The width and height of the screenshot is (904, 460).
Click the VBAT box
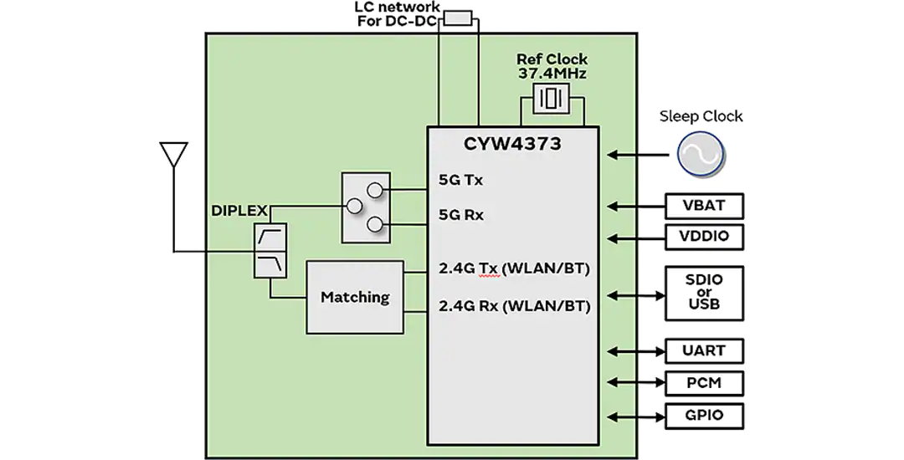[704, 206]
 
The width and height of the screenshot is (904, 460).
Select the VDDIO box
[704, 237]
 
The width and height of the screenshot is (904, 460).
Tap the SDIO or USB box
[704, 293]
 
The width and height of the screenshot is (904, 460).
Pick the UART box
[704, 350]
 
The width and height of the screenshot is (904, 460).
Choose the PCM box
[704, 383]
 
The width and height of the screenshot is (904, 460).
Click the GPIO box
[704, 416]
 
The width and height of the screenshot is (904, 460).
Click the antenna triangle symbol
[174, 154]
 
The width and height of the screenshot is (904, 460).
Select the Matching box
[355, 297]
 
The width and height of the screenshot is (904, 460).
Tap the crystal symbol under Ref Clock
[551, 99]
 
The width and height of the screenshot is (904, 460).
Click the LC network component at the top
[458, 18]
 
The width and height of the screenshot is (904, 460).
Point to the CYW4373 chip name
[512, 143]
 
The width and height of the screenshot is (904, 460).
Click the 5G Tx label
[460, 180]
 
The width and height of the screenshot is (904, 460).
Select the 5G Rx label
[461, 215]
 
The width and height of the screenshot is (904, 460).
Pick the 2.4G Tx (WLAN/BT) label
[514, 268]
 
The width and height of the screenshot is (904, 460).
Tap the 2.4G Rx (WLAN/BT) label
[514, 306]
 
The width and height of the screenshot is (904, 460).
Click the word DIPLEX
[239, 211]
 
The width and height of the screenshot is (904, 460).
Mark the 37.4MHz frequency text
[552, 74]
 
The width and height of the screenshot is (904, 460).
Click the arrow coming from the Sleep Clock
[642, 154]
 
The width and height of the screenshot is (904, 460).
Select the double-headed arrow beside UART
[636, 350]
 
